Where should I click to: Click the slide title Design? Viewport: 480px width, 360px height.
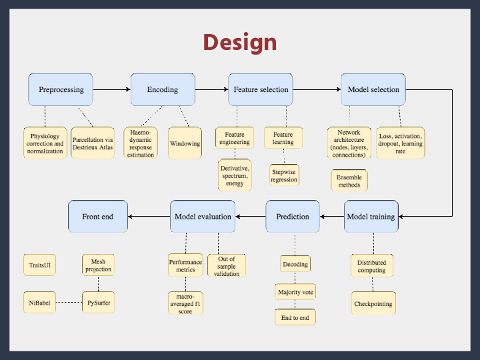coord(240,42)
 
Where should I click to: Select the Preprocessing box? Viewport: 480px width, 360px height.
coord(61,89)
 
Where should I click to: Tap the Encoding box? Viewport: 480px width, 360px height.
coord(163,89)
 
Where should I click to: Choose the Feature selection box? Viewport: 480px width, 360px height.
coord(261,89)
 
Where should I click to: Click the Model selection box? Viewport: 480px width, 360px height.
coord(373,89)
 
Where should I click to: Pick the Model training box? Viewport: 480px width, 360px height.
coord(371,217)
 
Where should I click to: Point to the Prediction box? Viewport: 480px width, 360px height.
coord(293,217)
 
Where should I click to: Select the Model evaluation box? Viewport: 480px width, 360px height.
coord(203,217)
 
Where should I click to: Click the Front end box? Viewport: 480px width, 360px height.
coord(98,217)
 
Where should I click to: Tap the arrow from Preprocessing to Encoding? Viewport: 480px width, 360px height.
coord(112,89)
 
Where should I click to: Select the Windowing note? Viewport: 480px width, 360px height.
coord(185,143)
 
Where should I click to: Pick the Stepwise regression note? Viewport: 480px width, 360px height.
coord(284,175)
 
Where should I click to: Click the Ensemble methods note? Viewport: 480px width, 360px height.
coord(349,181)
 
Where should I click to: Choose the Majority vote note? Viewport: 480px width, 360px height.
coord(295,291)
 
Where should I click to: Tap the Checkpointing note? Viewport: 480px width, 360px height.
coord(372,304)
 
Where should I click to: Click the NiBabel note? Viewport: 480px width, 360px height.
coord(39,303)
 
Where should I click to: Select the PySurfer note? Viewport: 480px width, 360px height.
coord(98,303)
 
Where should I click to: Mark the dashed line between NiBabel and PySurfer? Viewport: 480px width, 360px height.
coord(69,303)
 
